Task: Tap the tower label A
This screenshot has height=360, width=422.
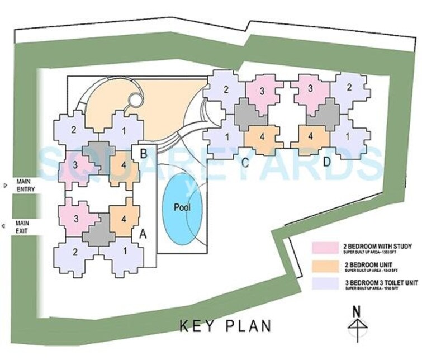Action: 143,235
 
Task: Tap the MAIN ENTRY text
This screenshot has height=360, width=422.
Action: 24,185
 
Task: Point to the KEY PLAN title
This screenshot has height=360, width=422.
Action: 225,326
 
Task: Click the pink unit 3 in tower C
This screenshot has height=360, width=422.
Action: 262,91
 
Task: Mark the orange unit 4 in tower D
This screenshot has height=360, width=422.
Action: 311,136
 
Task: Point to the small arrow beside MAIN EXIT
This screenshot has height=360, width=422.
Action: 5,226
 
